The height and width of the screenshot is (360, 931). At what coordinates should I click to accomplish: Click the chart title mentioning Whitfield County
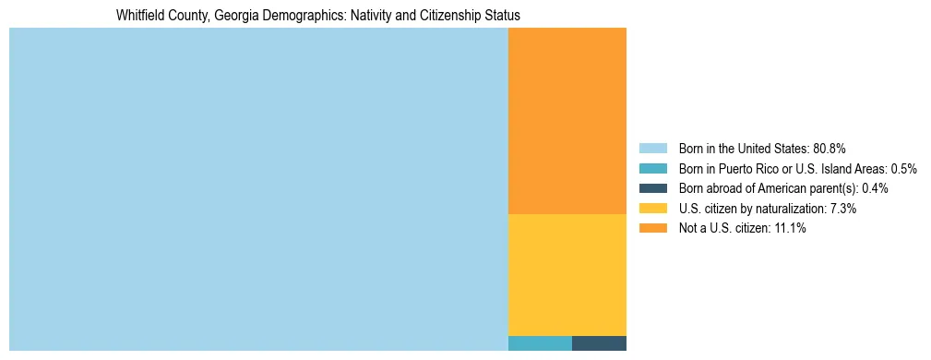pyautogui.click(x=317, y=16)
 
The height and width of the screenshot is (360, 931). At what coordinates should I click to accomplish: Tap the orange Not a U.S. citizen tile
pyautogui.click(x=567, y=121)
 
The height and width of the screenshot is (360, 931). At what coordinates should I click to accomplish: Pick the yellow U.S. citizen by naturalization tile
pyautogui.click(x=567, y=274)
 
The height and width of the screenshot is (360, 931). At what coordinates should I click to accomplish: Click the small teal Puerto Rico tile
pyautogui.click(x=540, y=343)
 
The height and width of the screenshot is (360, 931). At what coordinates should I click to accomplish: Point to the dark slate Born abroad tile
pyautogui.click(x=599, y=343)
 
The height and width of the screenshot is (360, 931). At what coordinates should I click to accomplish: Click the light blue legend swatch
pyautogui.click(x=652, y=149)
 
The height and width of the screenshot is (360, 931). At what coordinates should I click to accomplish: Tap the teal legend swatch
pyautogui.click(x=652, y=169)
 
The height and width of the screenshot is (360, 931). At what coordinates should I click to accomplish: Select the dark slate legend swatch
pyautogui.click(x=652, y=188)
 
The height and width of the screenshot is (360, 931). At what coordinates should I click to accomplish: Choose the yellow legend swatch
pyautogui.click(x=652, y=209)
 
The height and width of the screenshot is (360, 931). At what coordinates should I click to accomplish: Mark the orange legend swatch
pyautogui.click(x=652, y=229)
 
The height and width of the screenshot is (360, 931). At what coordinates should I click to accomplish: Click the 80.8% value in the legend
pyautogui.click(x=830, y=149)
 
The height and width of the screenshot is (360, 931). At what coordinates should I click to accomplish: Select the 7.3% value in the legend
pyautogui.click(x=843, y=209)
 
